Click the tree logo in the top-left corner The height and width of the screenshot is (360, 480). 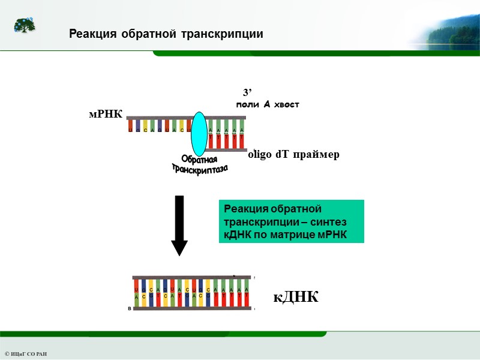point(25,25)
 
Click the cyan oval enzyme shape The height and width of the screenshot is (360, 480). point(199,133)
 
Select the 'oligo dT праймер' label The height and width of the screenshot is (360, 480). point(293,155)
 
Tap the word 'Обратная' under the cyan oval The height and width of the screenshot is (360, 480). point(199,161)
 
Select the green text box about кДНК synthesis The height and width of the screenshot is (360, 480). point(292,221)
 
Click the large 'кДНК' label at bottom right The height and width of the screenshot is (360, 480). point(296,297)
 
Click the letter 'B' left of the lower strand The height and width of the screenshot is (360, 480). point(130,308)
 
